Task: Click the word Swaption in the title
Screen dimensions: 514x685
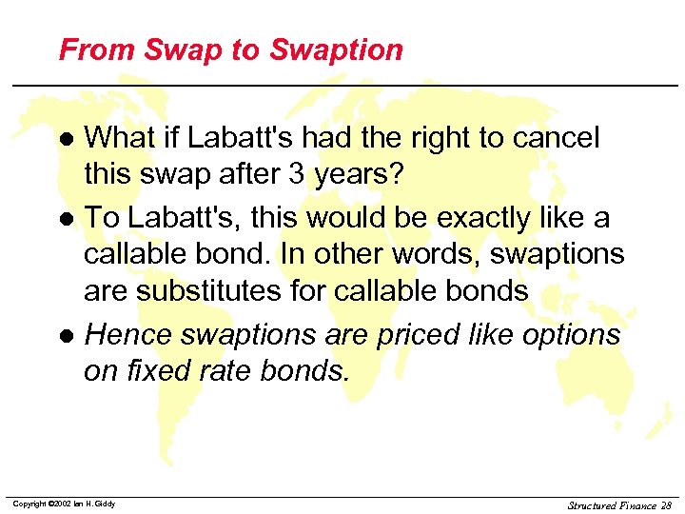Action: tap(338, 50)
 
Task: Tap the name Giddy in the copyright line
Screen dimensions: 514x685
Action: tap(105, 504)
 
